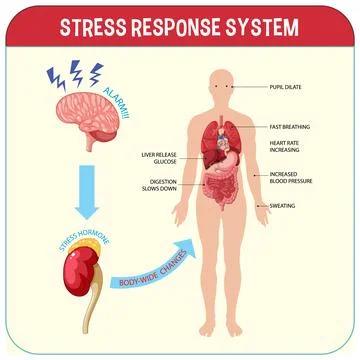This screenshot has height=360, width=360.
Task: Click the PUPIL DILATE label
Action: coord(286,87)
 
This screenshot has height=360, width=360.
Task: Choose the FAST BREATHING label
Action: coord(289,127)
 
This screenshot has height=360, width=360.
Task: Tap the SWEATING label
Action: coord(283,206)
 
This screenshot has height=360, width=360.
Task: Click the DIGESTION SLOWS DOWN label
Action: coord(159,185)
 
